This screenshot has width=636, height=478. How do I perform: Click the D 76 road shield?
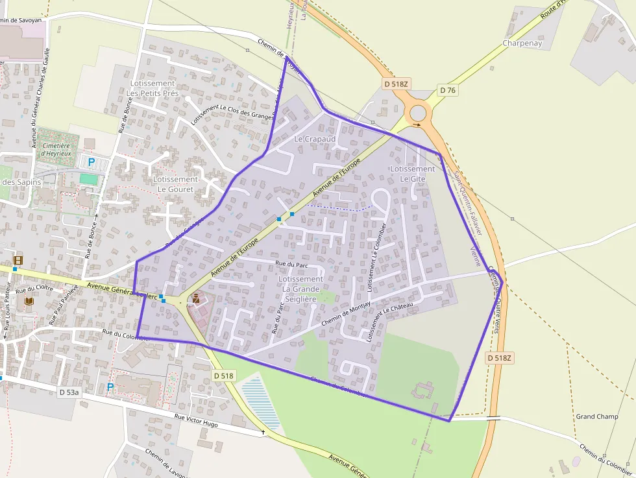tap(448, 90)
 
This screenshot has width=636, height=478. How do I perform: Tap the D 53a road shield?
tap(69, 392)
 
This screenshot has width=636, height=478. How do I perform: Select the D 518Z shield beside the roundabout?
tap(395, 84)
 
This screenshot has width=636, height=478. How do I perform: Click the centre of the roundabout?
tap(417, 114)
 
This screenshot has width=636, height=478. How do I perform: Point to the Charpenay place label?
tap(522, 43)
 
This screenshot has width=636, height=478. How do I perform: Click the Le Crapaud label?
tap(315, 139)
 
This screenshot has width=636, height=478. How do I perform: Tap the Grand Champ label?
tap(597, 416)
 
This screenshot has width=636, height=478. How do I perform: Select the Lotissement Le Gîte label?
tap(413, 174)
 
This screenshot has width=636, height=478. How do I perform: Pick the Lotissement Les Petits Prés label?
tap(153, 88)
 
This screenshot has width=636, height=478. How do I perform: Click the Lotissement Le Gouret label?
tap(175, 184)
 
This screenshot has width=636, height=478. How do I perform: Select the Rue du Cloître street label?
tap(34, 289)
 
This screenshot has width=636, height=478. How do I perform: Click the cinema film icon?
tap(18, 261)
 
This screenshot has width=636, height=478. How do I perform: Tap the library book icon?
tap(29, 302)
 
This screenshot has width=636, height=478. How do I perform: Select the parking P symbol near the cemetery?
tap(91, 161)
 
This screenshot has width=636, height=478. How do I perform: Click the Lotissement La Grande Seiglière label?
tap(300, 289)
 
